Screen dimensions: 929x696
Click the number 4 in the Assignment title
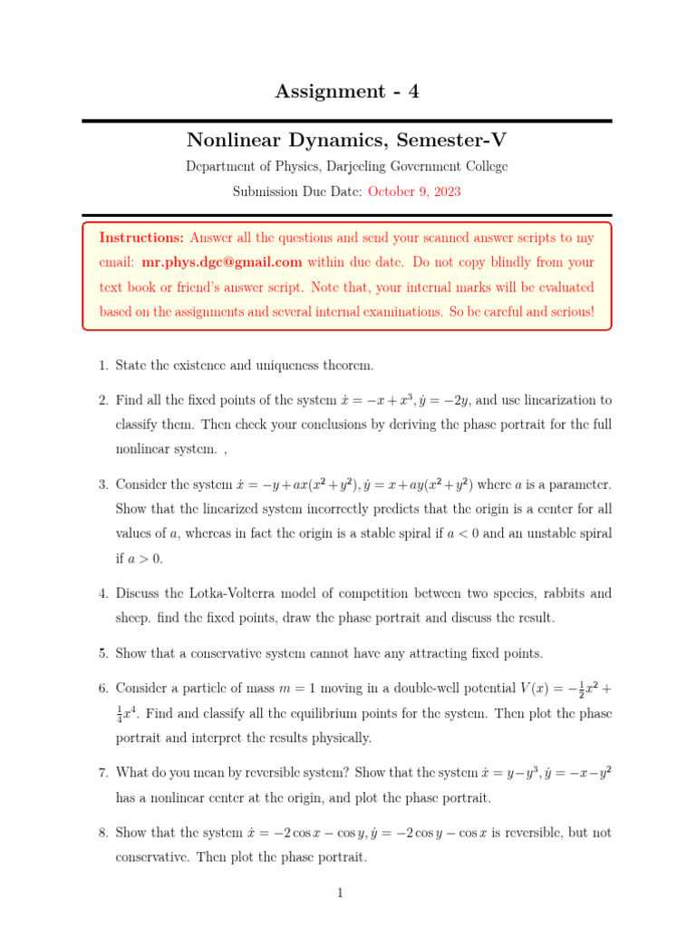(413, 91)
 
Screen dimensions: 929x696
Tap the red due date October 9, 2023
(413, 191)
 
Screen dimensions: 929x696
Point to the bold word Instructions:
(141, 238)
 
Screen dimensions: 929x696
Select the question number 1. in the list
(103, 365)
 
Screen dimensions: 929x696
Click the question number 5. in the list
(103, 653)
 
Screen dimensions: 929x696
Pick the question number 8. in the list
(103, 832)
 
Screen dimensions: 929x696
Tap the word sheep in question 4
(132, 618)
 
